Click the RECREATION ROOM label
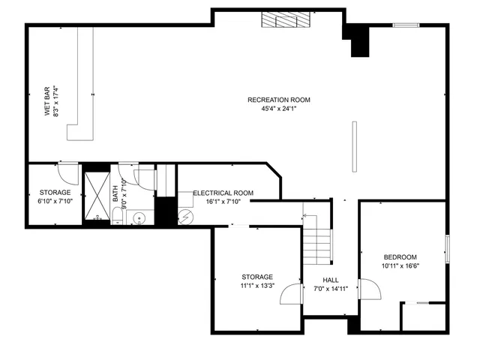pyautogui.click(x=279, y=100)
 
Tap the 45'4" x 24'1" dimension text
pyautogui.click(x=279, y=109)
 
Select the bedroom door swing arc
pyautogui.click(x=368, y=289)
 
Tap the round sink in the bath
pyautogui.click(x=139, y=218)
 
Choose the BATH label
pyautogui.click(x=116, y=194)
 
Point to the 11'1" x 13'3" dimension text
pyautogui.click(x=257, y=286)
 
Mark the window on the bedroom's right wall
pyautogui.click(x=448, y=249)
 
